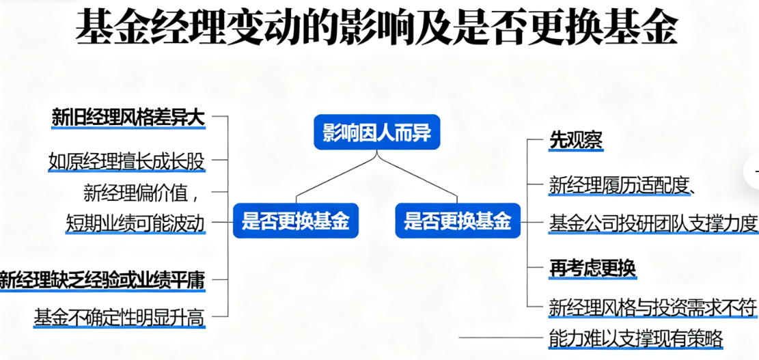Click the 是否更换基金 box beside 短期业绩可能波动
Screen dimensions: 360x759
296,221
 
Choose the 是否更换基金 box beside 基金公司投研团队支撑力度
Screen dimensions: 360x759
457,221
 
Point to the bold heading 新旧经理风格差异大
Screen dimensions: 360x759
128,117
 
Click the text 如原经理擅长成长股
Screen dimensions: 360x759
126,162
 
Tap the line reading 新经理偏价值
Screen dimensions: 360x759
141,193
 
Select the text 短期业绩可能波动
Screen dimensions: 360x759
135,223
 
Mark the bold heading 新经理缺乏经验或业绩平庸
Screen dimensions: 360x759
102,279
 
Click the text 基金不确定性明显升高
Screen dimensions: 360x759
120,317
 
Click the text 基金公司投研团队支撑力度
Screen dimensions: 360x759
653,223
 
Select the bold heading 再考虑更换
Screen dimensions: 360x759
592,268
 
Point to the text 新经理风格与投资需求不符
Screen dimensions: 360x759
653,307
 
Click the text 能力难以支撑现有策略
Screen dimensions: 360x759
635,338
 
